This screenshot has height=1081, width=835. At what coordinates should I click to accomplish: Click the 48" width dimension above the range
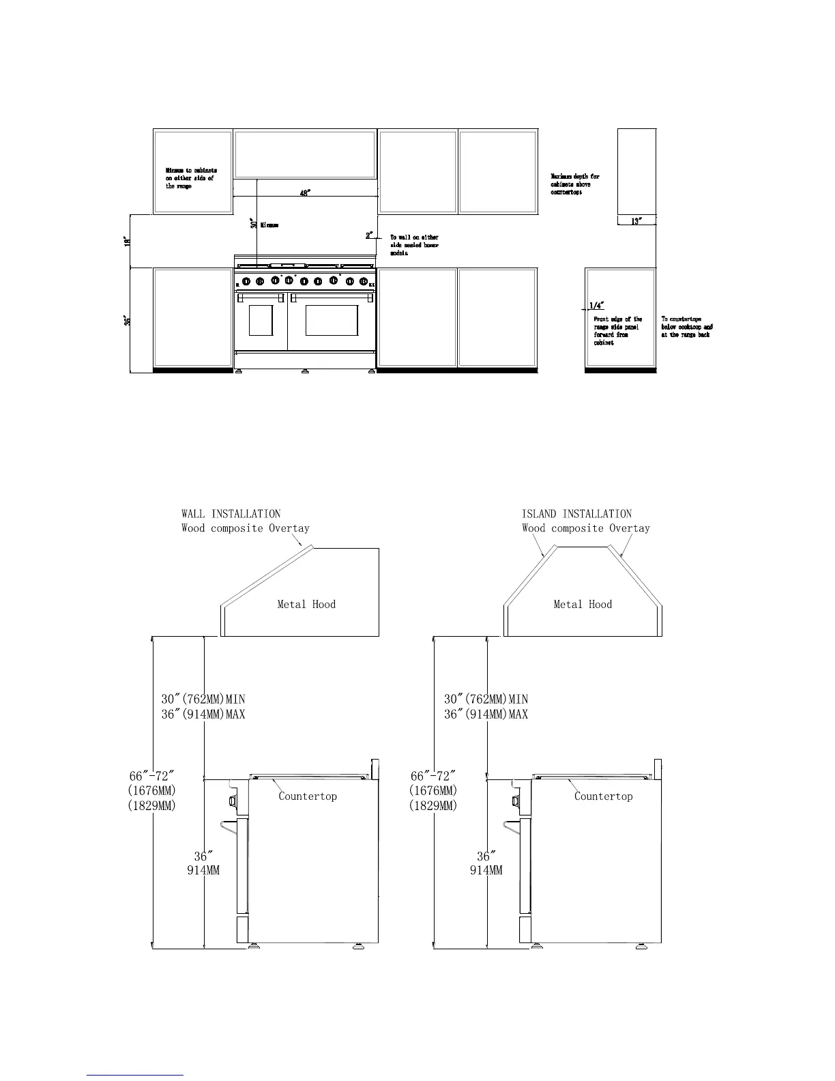(x=305, y=193)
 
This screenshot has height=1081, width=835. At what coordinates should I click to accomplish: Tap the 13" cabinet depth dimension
(x=636, y=221)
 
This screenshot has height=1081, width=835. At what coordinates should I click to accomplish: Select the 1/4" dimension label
(x=596, y=305)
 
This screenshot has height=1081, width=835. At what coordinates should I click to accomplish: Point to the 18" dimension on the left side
(x=127, y=242)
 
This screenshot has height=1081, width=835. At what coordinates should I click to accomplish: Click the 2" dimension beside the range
(x=369, y=235)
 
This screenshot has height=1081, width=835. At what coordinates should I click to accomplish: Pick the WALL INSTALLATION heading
(x=231, y=514)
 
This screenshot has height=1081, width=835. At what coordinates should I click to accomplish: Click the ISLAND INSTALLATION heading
(x=576, y=514)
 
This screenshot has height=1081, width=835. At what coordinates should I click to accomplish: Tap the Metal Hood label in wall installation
(x=306, y=604)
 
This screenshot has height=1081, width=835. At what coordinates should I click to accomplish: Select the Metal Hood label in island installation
(x=583, y=604)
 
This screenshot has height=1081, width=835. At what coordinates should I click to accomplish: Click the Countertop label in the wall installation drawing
(x=308, y=796)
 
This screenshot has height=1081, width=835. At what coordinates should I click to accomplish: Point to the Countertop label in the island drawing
(x=603, y=796)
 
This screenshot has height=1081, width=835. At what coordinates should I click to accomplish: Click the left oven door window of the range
(x=261, y=320)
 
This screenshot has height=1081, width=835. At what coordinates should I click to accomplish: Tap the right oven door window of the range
(x=332, y=320)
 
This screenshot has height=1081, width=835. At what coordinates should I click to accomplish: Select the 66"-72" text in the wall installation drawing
(x=151, y=777)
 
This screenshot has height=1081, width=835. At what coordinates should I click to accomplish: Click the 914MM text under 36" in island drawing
(x=486, y=870)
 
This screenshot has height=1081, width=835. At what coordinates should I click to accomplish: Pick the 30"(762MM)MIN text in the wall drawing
(x=203, y=699)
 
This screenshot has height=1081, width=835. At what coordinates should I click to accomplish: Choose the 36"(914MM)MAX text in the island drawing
(x=486, y=714)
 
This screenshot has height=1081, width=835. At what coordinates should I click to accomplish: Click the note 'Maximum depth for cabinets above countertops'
(x=575, y=184)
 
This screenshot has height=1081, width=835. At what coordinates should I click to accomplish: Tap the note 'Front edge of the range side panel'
(x=617, y=331)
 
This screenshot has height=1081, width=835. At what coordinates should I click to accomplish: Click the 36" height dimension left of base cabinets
(x=127, y=319)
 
